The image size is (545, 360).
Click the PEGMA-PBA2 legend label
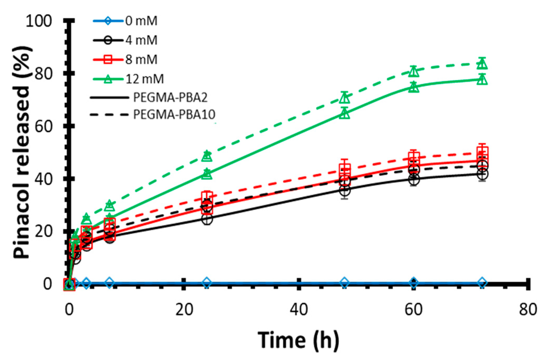point(170,98)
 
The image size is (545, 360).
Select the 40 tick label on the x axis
point(299,309)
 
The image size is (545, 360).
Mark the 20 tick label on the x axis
point(184,309)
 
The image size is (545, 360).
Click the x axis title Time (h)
point(298,340)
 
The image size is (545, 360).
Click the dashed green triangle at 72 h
point(482,64)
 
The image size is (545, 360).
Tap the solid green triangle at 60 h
point(414,87)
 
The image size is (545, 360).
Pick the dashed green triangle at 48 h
point(345,98)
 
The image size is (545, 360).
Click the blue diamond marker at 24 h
point(207,283)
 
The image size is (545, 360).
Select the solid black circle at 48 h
point(345,190)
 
